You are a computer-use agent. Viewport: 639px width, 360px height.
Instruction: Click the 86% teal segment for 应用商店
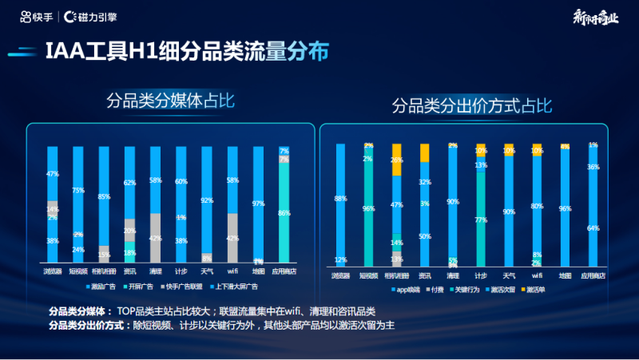click(x=284, y=214)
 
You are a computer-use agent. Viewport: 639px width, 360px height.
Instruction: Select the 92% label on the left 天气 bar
click(x=207, y=200)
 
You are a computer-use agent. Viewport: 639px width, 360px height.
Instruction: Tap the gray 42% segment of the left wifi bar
click(x=232, y=238)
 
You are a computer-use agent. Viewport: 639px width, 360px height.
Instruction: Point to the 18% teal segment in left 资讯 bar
click(x=129, y=254)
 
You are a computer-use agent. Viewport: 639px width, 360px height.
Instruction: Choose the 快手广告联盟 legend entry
click(x=187, y=285)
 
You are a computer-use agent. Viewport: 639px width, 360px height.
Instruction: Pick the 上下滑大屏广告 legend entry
click(x=247, y=285)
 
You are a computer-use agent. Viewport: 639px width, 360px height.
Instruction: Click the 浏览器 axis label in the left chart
click(x=53, y=271)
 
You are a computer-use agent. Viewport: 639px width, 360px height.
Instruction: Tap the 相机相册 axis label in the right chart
click(x=396, y=275)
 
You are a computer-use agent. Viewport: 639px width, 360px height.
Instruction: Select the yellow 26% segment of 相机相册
click(x=397, y=160)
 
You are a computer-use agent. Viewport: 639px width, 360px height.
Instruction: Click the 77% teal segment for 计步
click(x=480, y=218)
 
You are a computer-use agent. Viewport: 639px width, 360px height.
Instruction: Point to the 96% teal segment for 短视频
click(x=368, y=209)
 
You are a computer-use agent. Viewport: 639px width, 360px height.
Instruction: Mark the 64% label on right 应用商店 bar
click(x=592, y=228)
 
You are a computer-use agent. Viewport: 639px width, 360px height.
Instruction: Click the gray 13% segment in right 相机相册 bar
click(x=397, y=259)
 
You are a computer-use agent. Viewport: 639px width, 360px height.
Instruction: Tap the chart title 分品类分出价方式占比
click(x=470, y=105)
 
